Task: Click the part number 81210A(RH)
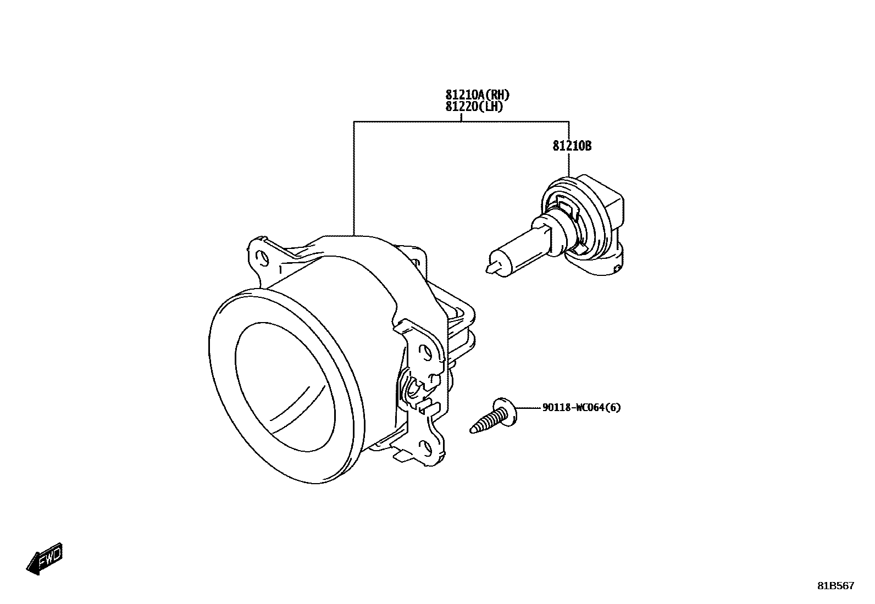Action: [478, 96]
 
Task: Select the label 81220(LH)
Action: [474, 107]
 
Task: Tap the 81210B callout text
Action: [572, 146]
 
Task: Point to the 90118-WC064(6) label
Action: [582, 408]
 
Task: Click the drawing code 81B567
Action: [835, 586]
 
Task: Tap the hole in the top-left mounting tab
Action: [263, 258]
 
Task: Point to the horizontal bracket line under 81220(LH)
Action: [462, 121]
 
